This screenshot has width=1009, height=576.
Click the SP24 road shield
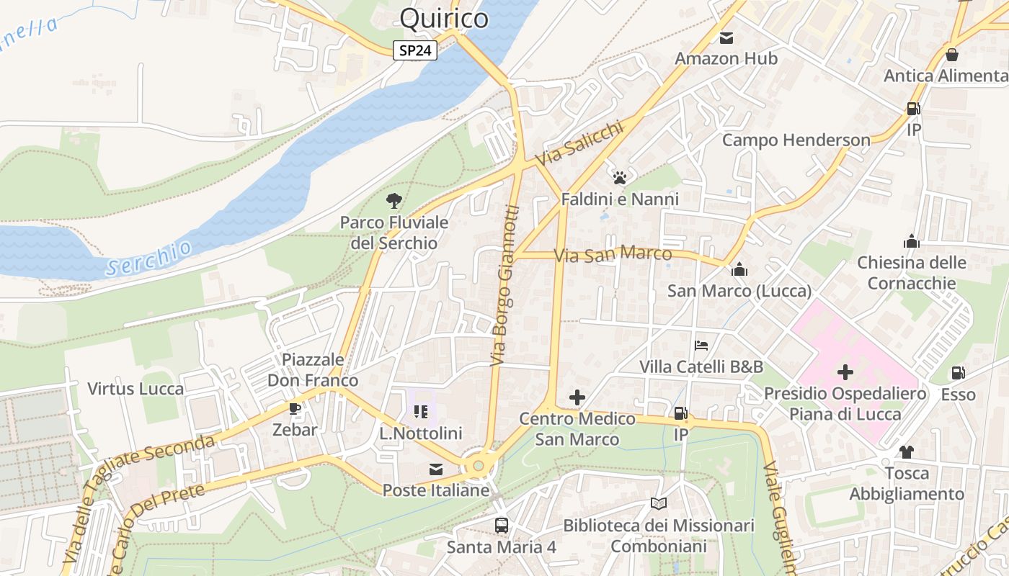(x=415, y=50)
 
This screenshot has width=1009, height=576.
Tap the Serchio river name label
(x=149, y=258)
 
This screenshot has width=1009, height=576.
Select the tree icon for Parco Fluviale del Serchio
(x=394, y=201)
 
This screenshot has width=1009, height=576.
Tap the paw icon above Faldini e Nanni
(x=620, y=177)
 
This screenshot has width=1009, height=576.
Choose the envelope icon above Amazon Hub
(x=726, y=37)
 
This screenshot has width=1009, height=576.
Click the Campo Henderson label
(x=796, y=140)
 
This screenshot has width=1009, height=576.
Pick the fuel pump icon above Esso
(x=958, y=373)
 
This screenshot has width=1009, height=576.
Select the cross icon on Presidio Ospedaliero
(x=845, y=372)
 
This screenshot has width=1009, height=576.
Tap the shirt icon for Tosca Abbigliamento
(x=906, y=451)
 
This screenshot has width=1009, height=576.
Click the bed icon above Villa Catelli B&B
(x=701, y=346)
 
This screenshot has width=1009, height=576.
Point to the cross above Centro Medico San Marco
(x=577, y=397)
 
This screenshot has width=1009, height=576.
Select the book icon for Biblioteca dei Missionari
(x=658, y=503)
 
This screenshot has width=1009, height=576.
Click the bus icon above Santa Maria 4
(x=501, y=525)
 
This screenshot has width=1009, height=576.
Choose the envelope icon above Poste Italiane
(x=435, y=469)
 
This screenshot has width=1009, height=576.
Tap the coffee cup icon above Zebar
(x=294, y=408)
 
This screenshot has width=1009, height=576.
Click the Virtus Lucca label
(x=135, y=389)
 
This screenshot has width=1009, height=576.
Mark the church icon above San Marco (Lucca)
(x=739, y=270)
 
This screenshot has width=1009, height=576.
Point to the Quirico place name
(x=444, y=18)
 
